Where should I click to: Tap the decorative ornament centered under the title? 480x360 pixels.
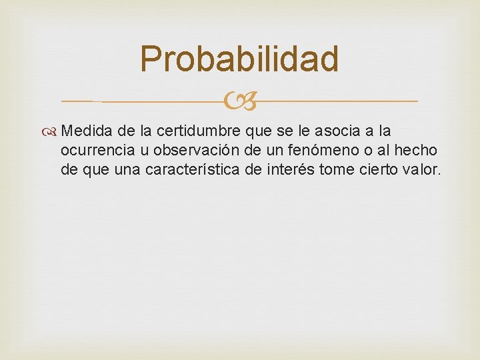pyautogui.click(x=239, y=101)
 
